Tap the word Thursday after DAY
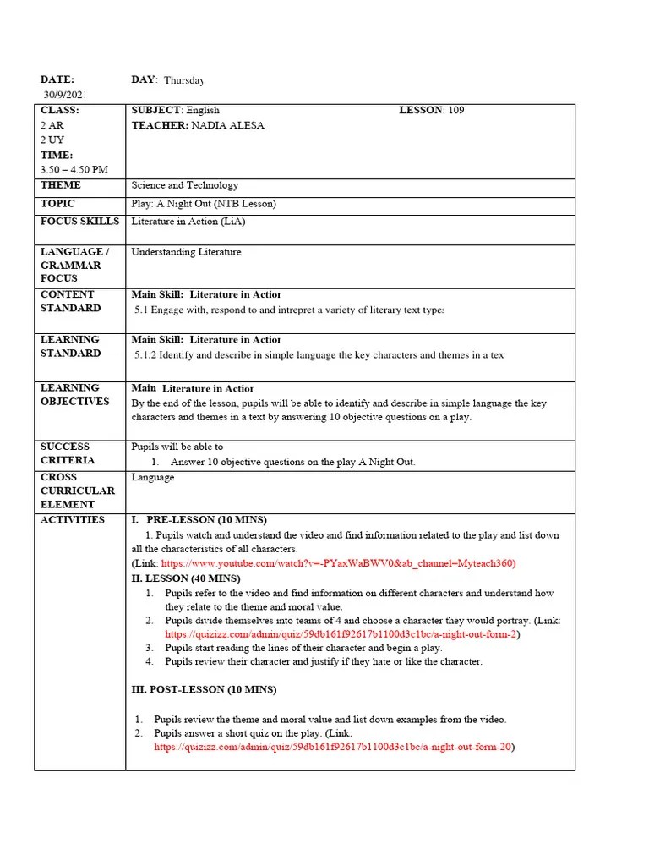point(183,80)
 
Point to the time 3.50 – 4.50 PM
point(74,170)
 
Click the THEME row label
point(61,185)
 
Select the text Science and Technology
point(185,185)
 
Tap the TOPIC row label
point(57,204)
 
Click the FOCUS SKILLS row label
point(79,222)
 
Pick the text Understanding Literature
point(186,252)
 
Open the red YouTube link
point(338,563)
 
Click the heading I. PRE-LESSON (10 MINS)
point(205,519)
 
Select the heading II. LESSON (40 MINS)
point(186,578)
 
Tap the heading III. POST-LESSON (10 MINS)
point(204,690)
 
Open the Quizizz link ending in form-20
point(334,748)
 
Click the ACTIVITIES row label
point(73,520)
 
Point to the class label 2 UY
point(52,140)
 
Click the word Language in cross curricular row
point(153,477)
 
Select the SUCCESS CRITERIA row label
point(68,453)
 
